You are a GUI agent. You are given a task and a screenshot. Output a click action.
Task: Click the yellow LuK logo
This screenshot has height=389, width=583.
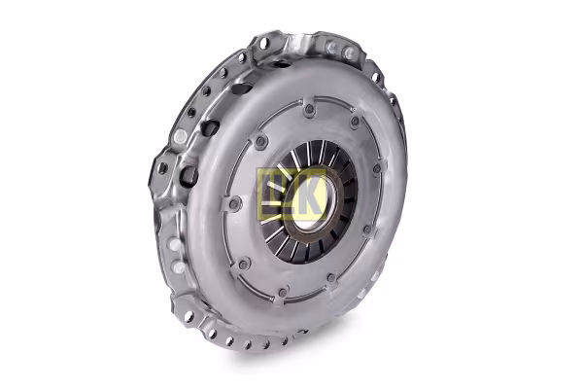pyautogui.click(x=279, y=194)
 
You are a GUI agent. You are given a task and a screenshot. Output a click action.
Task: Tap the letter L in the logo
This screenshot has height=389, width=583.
pyautogui.click(x=265, y=194)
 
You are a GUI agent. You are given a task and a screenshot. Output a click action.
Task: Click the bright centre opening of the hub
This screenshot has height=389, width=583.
pyautogui.click(x=312, y=208)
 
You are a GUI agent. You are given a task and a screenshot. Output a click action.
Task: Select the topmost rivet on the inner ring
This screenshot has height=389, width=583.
pyautogui.click(x=309, y=110)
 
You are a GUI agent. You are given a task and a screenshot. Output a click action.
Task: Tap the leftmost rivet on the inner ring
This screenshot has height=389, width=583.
pyautogui.click(x=234, y=203)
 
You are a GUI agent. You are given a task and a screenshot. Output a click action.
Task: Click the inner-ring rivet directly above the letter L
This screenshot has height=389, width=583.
pyautogui.click(x=261, y=142)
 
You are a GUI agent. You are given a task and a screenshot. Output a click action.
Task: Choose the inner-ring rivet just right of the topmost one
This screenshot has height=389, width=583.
pyautogui.click(x=356, y=122)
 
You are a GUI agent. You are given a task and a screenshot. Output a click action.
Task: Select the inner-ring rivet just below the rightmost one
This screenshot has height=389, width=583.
pyautogui.click(x=367, y=230)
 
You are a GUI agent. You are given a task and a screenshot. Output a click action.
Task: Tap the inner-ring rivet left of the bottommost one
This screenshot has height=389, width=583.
pyautogui.click(x=245, y=264)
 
